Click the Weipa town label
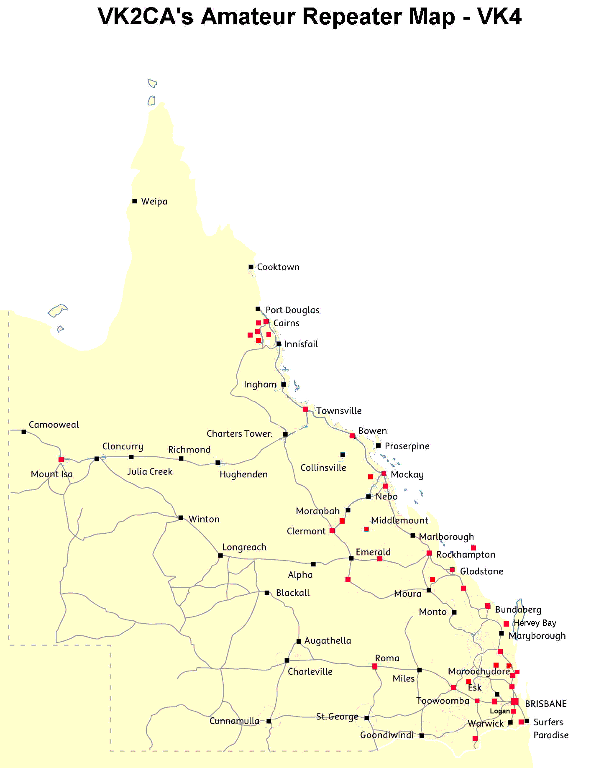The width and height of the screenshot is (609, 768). coord(154,202)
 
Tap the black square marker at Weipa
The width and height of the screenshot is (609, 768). coord(135,201)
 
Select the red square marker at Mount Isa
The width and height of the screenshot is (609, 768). coord(61,459)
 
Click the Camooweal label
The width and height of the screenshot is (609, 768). coord(54,425)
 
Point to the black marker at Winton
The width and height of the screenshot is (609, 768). coord(181,518)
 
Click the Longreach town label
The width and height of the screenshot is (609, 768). coord(244,547)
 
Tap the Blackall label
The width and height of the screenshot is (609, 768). coord(292,593)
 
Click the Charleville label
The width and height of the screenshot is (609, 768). coord(310,672)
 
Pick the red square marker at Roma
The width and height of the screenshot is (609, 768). coord(375,666)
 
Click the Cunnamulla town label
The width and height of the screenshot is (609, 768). coord(234,721)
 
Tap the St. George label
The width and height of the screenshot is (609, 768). coord(337,717)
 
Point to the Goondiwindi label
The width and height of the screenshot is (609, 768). coord(387,735)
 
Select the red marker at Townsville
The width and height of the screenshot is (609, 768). coord(305,409)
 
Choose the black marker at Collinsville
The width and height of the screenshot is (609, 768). coord(342,454)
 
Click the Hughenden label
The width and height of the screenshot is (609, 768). coord(243,474)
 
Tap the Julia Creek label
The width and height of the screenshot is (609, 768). coord(150,471)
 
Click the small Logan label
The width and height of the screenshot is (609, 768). coord(499,711)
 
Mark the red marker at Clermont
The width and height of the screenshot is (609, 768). coord(332,530)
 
